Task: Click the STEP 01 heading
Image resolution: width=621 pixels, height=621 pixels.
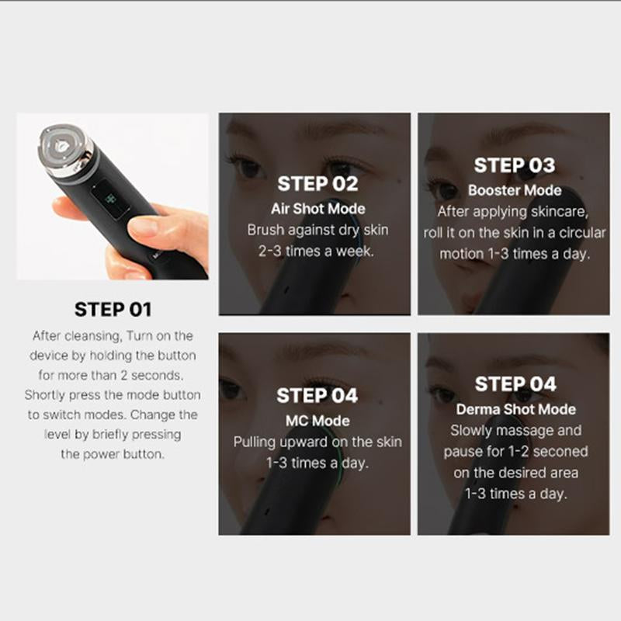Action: (x=113, y=310)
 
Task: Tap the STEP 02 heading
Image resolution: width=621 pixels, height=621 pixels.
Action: (x=317, y=185)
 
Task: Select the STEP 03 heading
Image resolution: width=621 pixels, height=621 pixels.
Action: (x=515, y=165)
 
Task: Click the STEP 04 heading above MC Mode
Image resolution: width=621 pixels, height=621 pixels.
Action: (x=317, y=396)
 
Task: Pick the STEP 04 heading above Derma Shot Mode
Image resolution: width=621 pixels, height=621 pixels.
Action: (x=515, y=384)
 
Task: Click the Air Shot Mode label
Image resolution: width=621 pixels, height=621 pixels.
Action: (x=317, y=209)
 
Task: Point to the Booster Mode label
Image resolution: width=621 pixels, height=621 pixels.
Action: (x=515, y=190)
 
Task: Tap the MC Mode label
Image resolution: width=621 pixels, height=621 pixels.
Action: (x=317, y=421)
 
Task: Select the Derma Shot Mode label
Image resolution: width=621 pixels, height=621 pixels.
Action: (x=515, y=409)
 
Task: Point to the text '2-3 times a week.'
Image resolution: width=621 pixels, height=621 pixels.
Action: (x=317, y=251)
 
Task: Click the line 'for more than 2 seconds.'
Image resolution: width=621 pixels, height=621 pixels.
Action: (x=113, y=375)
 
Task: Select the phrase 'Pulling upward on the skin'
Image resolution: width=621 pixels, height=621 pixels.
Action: (x=317, y=442)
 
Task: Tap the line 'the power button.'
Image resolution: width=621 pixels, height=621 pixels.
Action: (x=113, y=454)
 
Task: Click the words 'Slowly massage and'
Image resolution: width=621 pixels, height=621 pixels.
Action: (x=515, y=430)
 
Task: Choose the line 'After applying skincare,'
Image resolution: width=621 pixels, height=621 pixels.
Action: (x=515, y=211)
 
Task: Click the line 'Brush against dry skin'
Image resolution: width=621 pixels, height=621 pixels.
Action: (x=317, y=230)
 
